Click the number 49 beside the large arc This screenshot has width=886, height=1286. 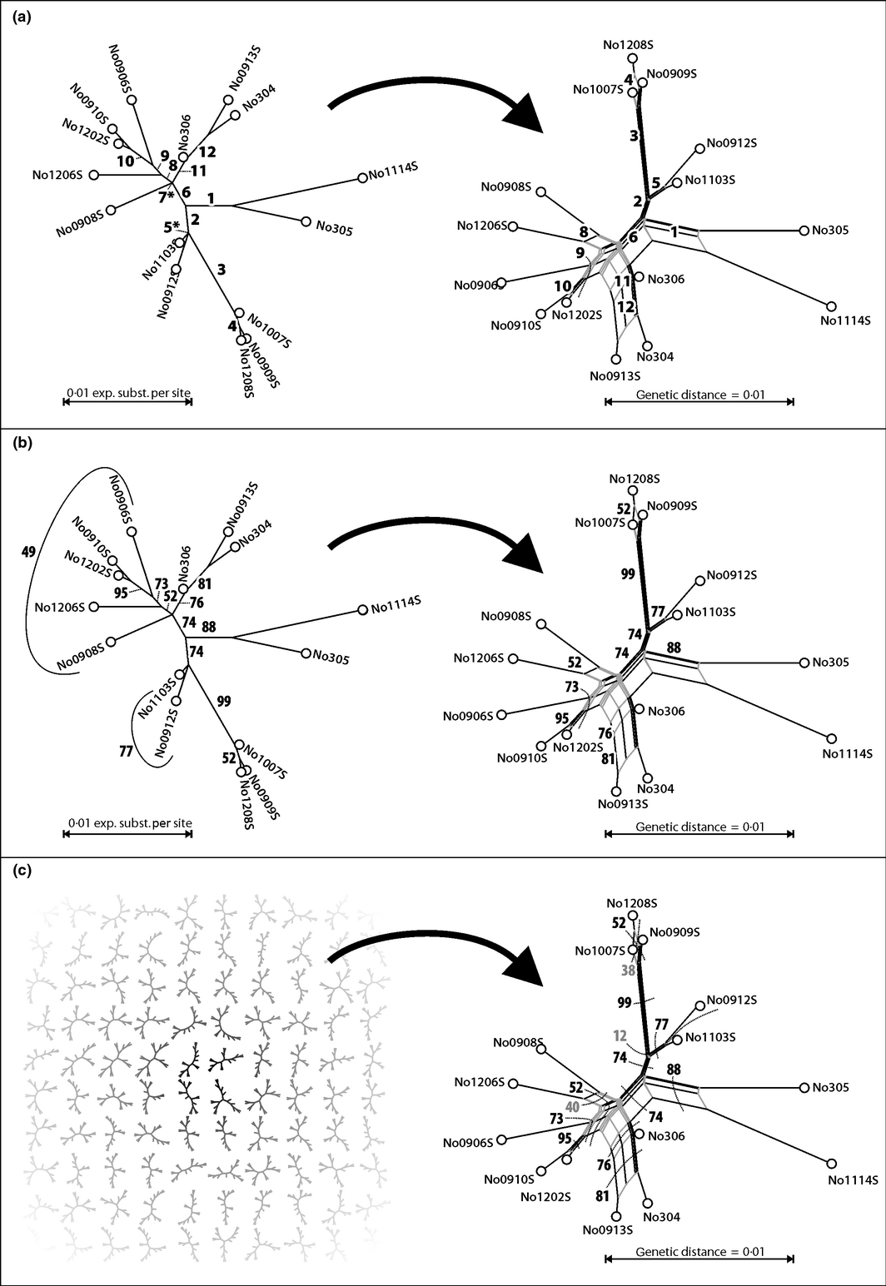coord(28,551)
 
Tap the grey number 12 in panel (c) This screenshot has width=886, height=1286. coord(620,1036)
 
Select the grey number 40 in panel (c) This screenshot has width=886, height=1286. coord(572,1106)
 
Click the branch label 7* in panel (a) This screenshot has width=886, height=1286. coord(167,196)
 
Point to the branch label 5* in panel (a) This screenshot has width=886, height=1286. coord(172,226)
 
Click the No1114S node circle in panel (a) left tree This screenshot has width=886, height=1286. coord(362,177)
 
